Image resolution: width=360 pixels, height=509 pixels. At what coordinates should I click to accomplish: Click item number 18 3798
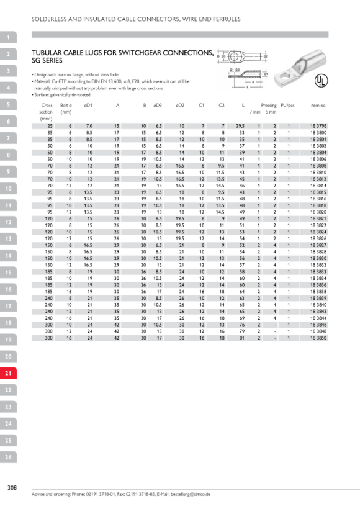click(318, 126)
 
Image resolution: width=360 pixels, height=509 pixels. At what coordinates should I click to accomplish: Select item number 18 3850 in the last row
click(318, 338)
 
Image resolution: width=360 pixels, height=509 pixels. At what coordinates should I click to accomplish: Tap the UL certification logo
click(321, 81)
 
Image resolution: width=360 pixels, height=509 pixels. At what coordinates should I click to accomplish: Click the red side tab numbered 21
click(8, 373)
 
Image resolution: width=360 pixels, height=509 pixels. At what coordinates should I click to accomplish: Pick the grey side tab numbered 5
click(8, 104)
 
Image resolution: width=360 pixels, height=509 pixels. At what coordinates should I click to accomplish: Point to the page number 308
click(12, 487)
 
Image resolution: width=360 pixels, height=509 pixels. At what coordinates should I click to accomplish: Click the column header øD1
click(88, 105)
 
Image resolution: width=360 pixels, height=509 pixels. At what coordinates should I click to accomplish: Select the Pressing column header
click(269, 105)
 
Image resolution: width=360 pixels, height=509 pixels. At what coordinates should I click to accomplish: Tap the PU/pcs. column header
click(288, 105)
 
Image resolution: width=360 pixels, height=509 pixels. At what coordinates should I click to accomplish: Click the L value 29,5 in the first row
click(240, 126)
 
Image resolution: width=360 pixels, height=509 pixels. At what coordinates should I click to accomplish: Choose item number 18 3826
click(318, 238)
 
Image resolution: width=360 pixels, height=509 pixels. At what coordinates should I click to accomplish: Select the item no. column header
click(318, 105)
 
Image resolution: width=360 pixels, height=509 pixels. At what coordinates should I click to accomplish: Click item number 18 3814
click(318, 186)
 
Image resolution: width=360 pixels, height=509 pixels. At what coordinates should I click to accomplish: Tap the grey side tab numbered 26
click(8, 457)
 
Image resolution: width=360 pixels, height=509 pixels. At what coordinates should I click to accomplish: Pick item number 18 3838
click(318, 292)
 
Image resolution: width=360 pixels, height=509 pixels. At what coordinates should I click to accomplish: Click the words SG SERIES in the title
click(47, 61)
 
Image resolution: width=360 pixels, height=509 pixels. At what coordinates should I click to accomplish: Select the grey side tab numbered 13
click(8, 239)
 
